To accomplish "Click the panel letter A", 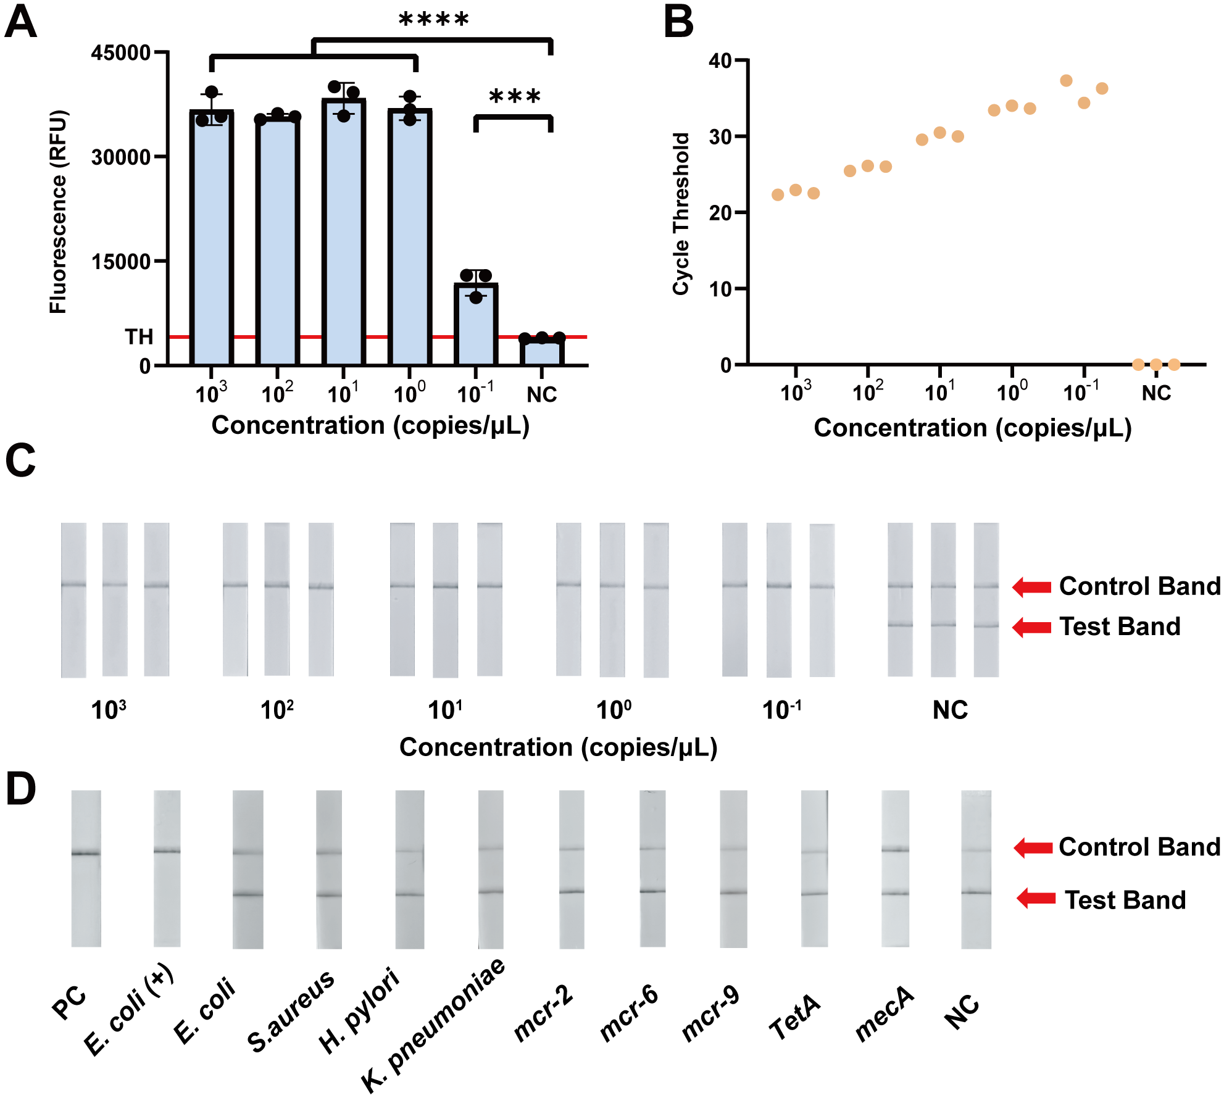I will click(20, 23).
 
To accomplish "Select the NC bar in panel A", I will click(541, 351).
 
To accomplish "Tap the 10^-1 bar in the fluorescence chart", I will click(475, 324).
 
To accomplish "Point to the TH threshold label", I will click(139, 337).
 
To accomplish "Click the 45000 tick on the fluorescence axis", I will click(121, 52).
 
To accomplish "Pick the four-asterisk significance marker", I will click(434, 20).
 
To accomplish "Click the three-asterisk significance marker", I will click(514, 97).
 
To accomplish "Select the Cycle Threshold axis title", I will click(681, 214).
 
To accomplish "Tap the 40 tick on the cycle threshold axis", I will click(720, 60).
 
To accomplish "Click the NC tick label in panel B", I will click(1156, 393).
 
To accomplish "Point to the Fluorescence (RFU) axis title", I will click(58, 212).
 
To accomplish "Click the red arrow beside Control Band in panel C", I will click(1032, 586).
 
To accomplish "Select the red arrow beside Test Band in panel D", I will click(1036, 898).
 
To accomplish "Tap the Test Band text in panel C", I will click(1120, 626).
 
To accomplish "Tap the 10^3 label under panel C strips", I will click(109, 710).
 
